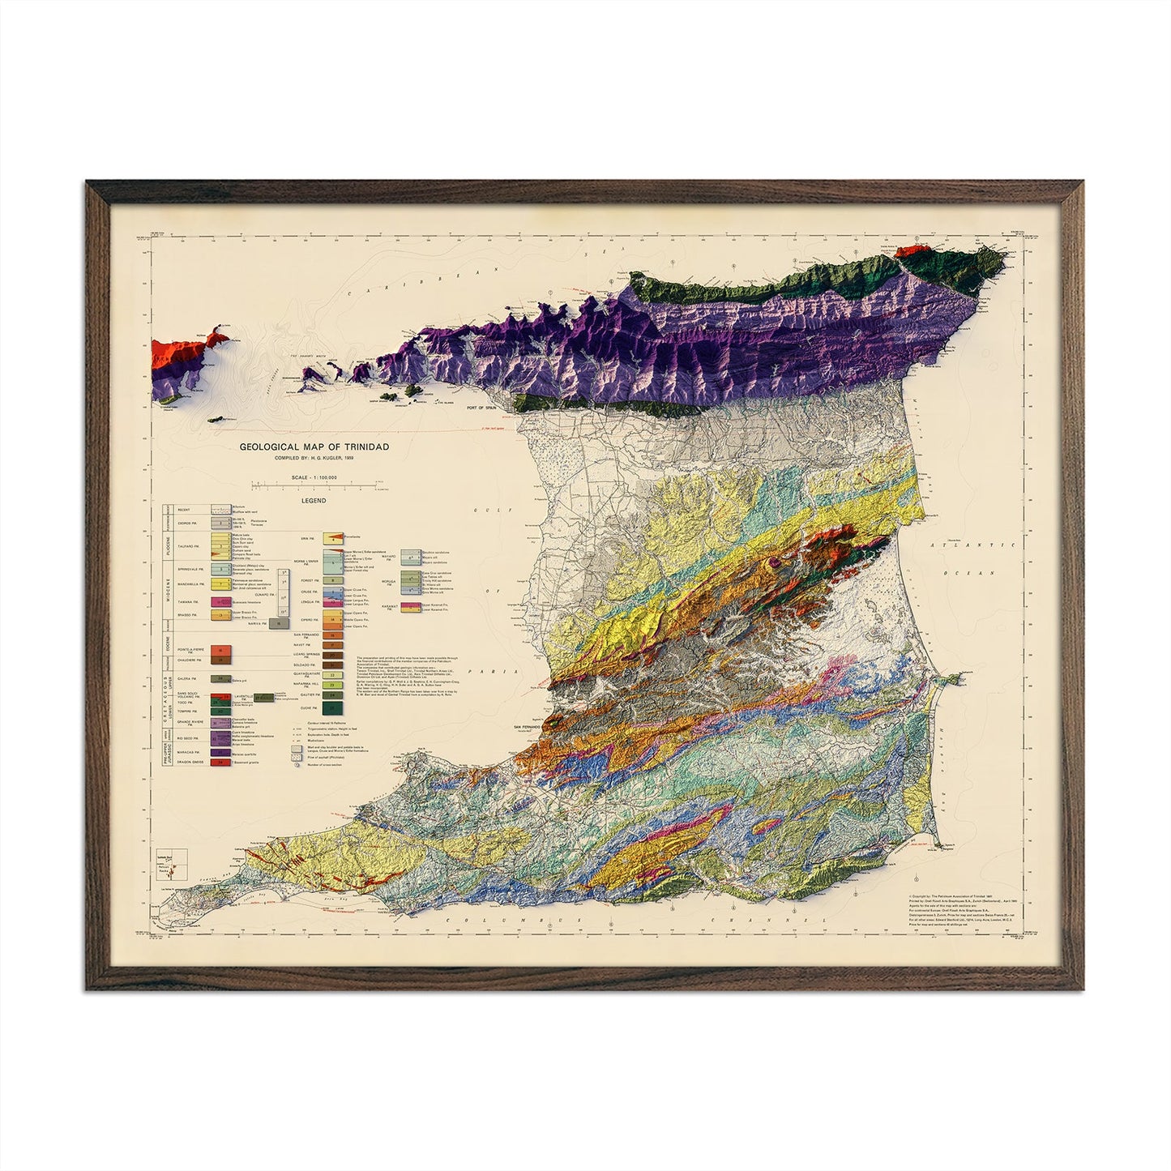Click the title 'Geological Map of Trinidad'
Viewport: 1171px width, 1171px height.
pos(314,447)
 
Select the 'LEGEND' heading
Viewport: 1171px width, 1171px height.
pos(314,501)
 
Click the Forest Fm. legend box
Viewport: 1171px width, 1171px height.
pos(333,580)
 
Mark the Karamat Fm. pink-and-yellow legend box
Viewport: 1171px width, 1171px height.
pos(412,605)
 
